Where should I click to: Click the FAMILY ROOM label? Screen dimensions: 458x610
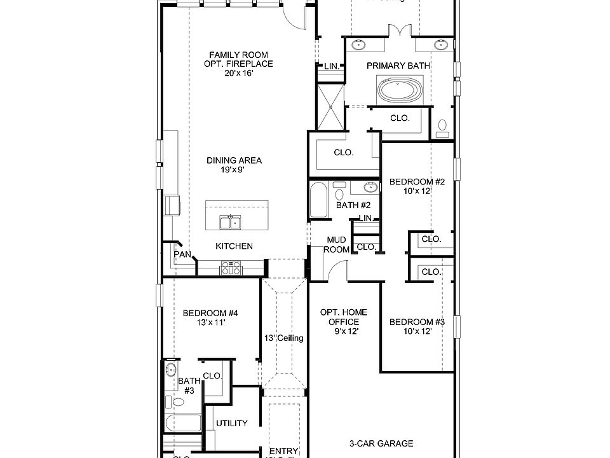point(238,55)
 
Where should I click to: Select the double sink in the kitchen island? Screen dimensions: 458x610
point(229,222)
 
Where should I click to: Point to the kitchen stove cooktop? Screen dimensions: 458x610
point(230,268)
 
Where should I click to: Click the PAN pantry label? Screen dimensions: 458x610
point(182,254)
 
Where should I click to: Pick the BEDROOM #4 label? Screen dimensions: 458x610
point(210,313)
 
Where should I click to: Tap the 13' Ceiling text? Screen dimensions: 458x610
point(283,338)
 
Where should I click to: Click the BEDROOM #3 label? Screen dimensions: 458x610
point(417,322)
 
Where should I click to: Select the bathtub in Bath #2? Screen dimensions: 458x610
point(318,199)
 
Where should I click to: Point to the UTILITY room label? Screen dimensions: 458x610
point(231,423)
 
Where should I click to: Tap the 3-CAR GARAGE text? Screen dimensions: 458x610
point(381,443)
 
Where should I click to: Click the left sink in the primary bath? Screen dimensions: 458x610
point(359,45)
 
